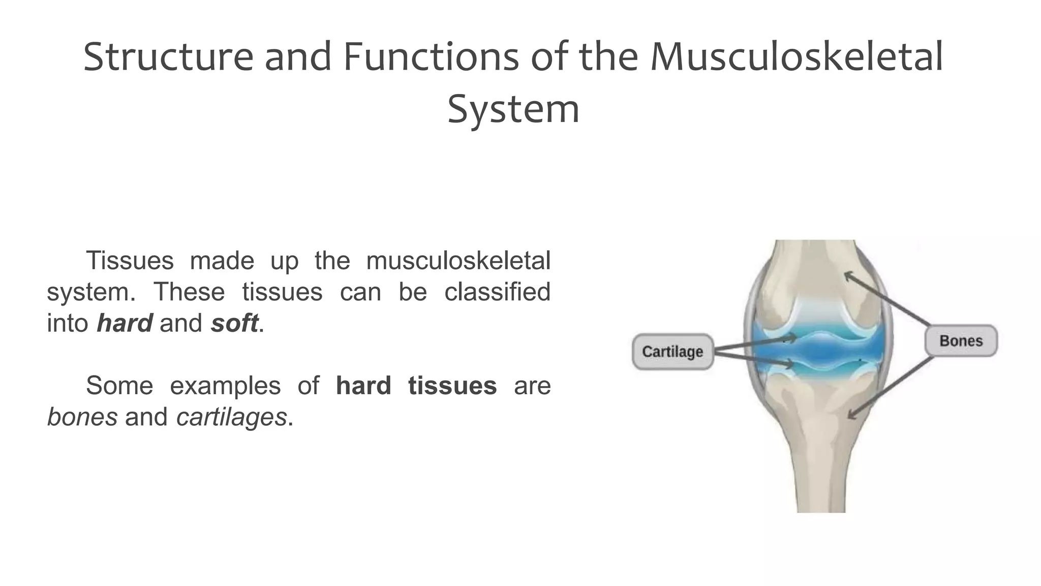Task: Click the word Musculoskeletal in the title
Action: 797,56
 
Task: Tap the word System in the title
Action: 513,109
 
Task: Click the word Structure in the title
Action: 168,56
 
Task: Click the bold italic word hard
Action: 125,324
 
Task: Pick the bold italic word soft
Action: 234,324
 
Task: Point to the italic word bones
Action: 82,418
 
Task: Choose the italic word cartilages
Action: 231,418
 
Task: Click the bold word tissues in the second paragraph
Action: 452,386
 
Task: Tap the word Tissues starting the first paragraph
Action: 130,260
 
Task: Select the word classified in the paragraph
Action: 497,292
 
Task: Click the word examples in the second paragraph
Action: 225,386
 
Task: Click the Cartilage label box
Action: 672,351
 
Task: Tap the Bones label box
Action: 961,341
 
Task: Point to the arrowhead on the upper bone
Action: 848,276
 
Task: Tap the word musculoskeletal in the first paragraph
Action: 458,260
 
